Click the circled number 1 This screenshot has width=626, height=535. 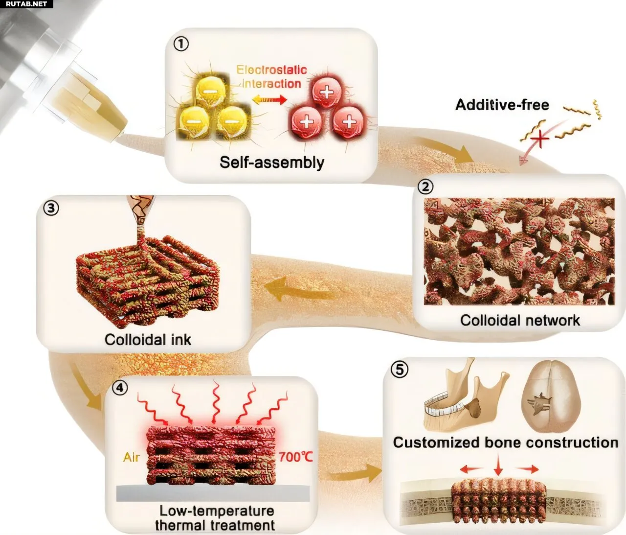(x=181, y=44)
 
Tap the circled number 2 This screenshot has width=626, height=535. (x=425, y=186)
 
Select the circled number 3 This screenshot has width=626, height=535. (x=51, y=208)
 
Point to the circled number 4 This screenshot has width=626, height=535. (x=120, y=388)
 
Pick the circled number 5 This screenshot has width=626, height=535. (x=400, y=370)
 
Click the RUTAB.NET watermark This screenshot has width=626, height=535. (x=26, y=4)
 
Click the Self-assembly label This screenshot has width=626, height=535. (x=271, y=163)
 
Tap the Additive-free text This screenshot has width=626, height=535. (x=502, y=105)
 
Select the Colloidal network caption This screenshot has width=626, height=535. (x=520, y=321)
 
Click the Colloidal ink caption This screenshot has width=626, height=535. (x=148, y=340)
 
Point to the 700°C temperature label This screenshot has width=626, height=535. (x=295, y=457)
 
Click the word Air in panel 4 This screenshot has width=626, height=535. (x=132, y=457)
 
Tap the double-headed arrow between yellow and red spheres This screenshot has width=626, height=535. (x=269, y=100)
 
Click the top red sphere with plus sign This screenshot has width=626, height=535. (x=327, y=92)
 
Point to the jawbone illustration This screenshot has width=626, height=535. (x=467, y=400)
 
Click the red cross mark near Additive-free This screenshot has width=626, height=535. (x=539, y=140)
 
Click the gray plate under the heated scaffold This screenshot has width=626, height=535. (x=213, y=493)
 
